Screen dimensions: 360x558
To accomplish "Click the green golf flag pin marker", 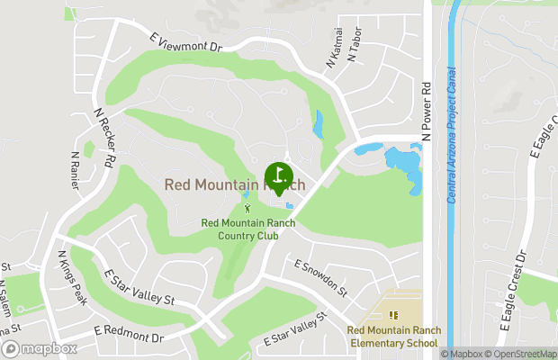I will (x=278, y=175).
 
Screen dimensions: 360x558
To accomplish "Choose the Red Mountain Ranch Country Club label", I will (x=239, y=229).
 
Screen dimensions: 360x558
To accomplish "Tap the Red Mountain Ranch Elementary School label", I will (x=392, y=337).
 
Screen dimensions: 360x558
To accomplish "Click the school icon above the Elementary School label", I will (x=392, y=315).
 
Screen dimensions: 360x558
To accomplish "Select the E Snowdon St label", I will (x=320, y=277).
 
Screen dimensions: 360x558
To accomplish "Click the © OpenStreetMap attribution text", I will (x=524, y=354).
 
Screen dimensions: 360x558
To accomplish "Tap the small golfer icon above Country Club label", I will (x=247, y=208).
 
